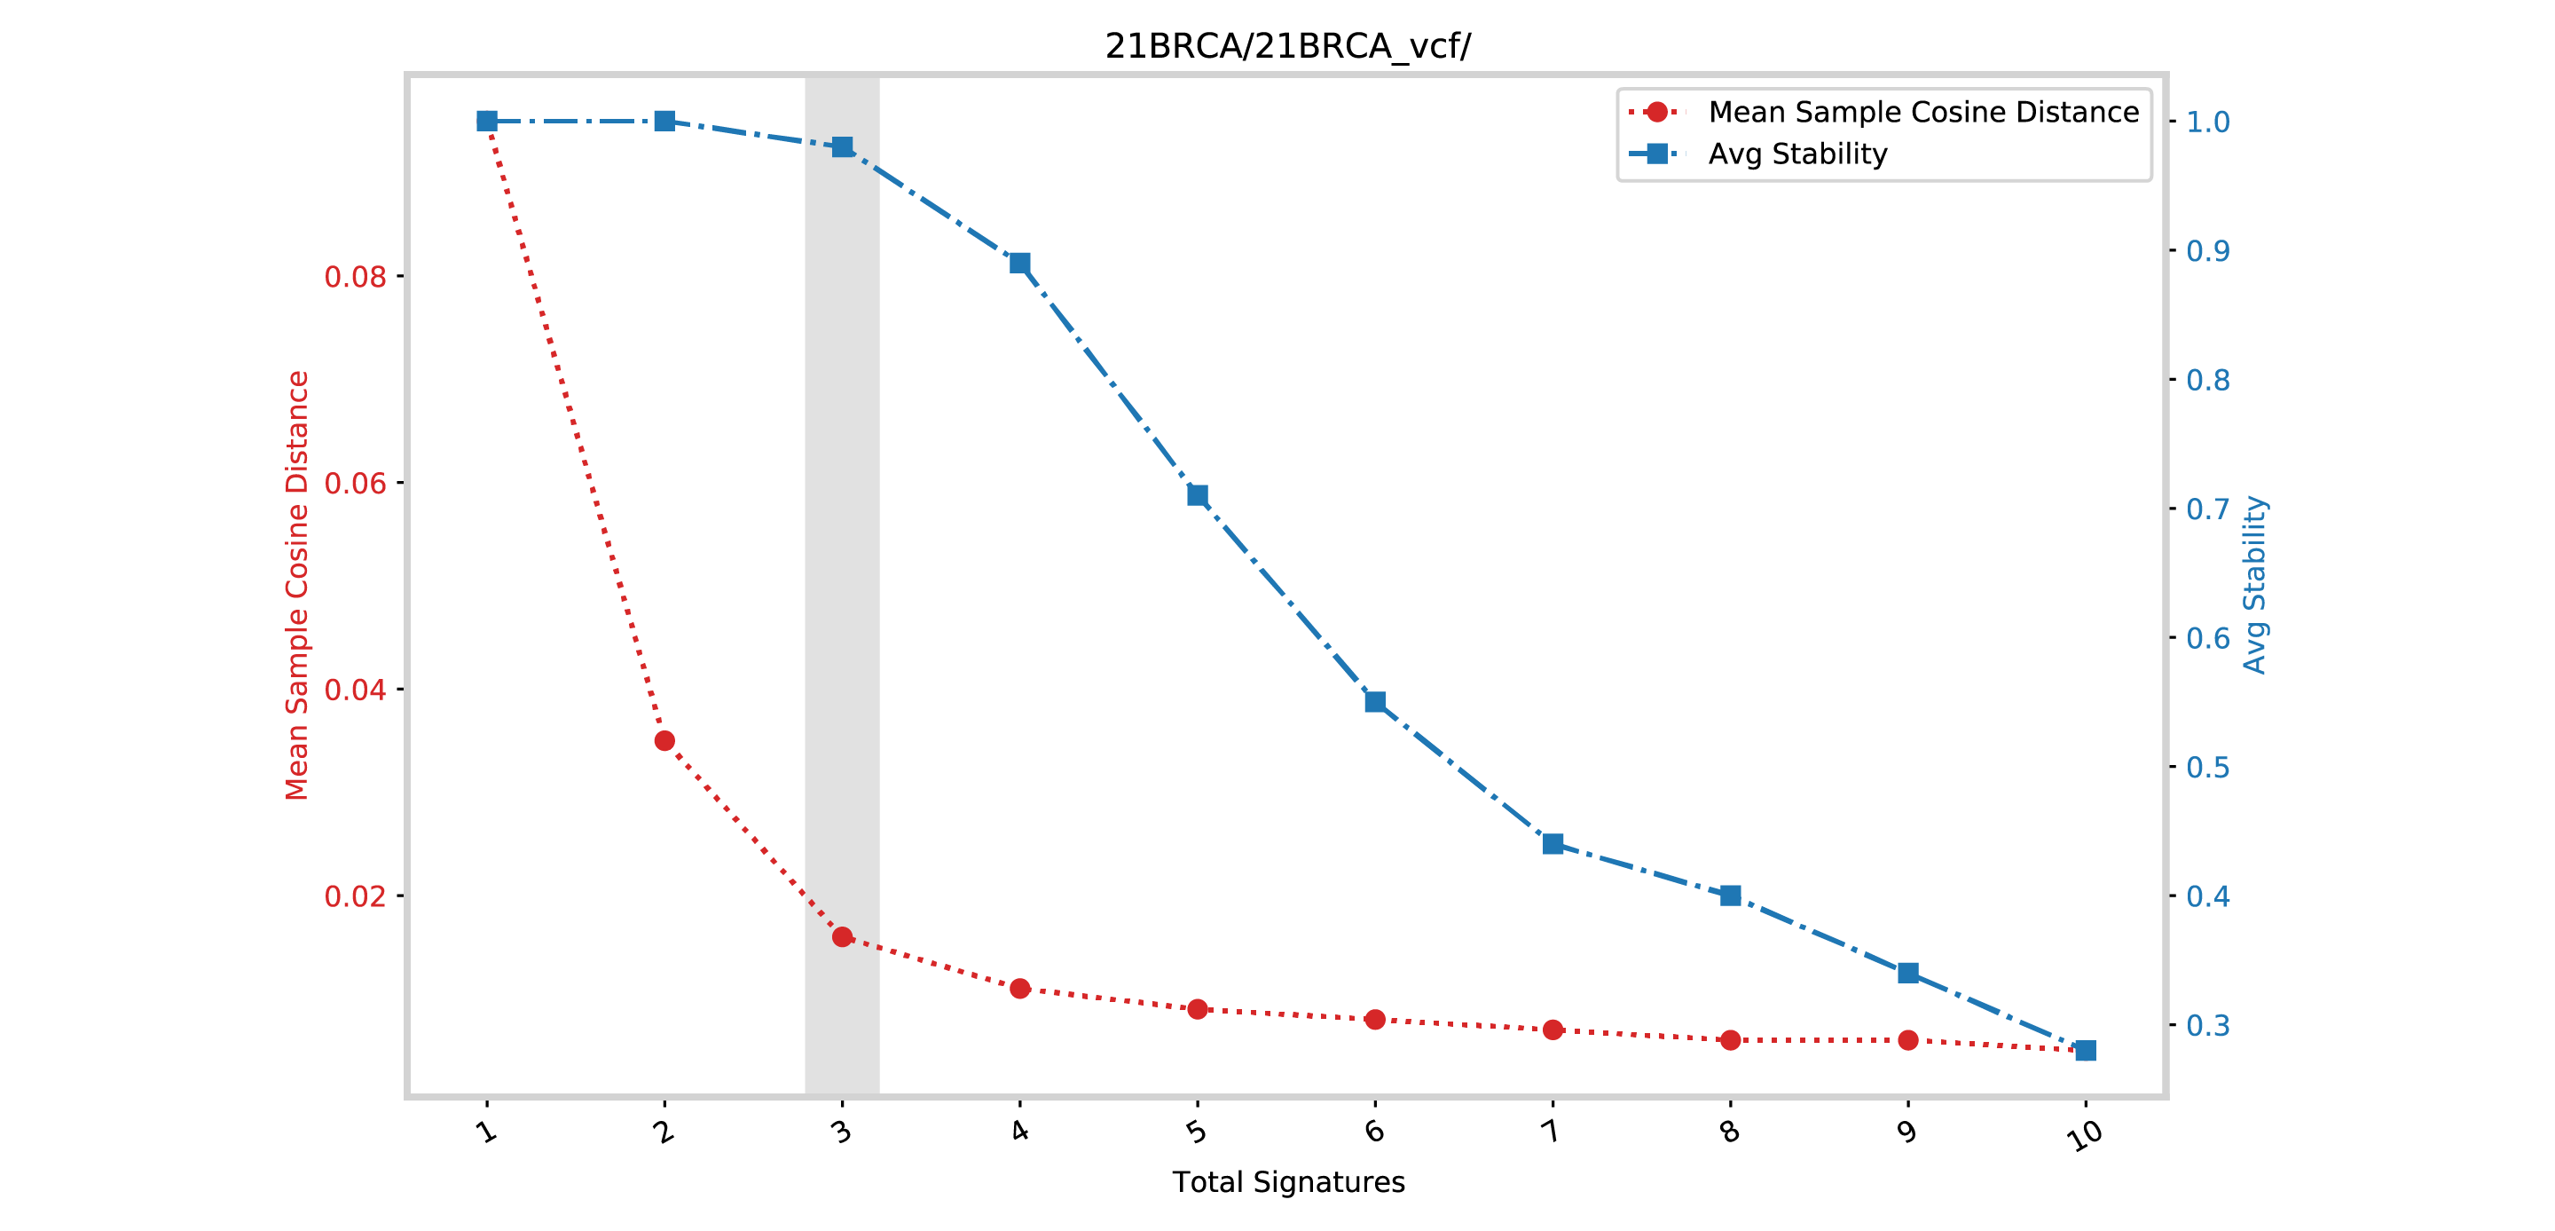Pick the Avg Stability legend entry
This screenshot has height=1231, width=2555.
click(1796, 154)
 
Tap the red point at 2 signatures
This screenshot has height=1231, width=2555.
click(664, 741)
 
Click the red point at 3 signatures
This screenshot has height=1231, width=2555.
click(842, 936)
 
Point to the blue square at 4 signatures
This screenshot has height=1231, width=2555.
click(1019, 263)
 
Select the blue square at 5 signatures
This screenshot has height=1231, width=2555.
click(1197, 495)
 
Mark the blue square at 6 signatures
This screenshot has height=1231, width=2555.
click(1375, 701)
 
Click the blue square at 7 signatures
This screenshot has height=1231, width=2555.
click(1553, 844)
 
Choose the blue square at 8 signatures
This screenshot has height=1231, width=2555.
click(1730, 896)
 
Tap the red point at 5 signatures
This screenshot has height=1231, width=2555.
click(1197, 1009)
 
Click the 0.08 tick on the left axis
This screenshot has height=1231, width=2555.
click(355, 277)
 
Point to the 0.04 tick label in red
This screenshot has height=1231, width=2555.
click(355, 690)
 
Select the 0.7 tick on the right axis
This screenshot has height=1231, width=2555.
click(2208, 509)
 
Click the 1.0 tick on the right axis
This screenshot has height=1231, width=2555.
click(2208, 122)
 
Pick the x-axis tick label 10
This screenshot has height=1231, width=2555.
click(2084, 1133)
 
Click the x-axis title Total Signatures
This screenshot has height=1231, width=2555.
click(1287, 1181)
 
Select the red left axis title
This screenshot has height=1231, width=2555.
click(297, 585)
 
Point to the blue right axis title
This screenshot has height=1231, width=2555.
click(2254, 585)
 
